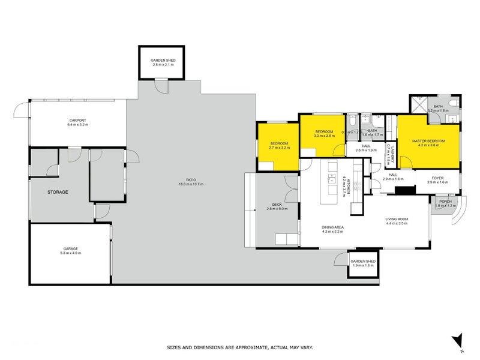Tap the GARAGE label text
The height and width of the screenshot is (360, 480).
[x=71, y=248]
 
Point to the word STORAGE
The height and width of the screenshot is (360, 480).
[x=58, y=192]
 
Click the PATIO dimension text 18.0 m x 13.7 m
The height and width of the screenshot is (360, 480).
[x=190, y=184]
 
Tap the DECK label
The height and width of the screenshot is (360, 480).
[x=277, y=205]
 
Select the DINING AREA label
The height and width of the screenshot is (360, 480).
[x=332, y=227]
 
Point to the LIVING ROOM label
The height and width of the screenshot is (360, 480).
[x=397, y=219]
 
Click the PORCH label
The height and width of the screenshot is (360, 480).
[x=445, y=202]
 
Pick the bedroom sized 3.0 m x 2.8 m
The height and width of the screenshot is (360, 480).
[x=324, y=133]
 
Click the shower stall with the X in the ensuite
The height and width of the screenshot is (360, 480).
[x=418, y=104]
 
